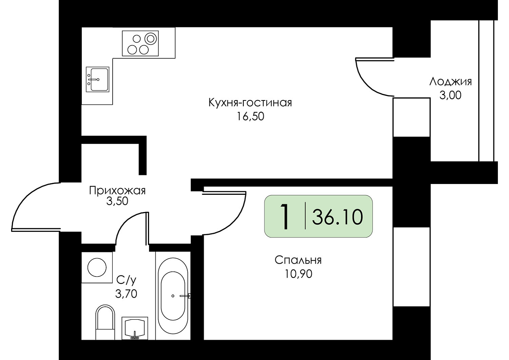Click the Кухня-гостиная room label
250,103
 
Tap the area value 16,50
251,117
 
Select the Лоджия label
450,82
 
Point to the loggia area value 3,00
450,95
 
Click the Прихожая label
117,190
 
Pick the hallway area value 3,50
117,201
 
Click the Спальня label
298,260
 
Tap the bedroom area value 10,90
298,274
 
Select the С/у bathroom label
126,280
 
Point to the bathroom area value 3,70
126,294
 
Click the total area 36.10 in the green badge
337,217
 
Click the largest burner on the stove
150,39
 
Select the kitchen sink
98,79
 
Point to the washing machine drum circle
97,267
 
